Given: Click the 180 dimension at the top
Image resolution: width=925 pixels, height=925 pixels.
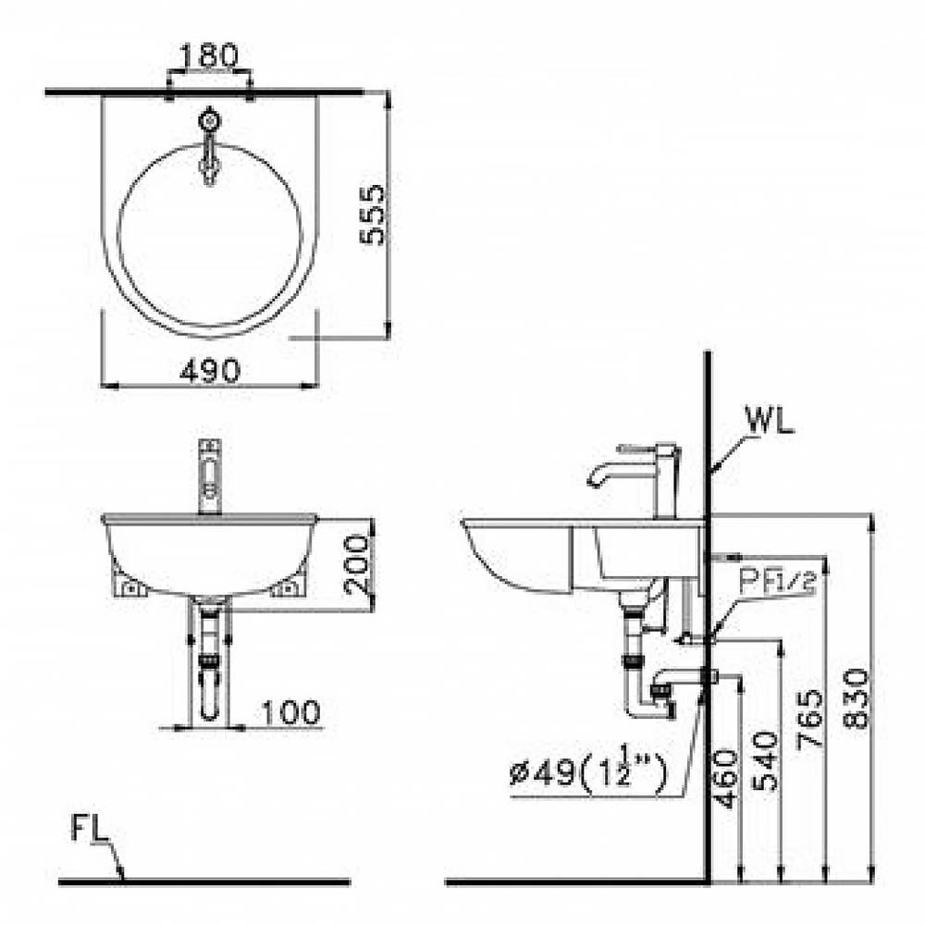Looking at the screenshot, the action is [x=207, y=55].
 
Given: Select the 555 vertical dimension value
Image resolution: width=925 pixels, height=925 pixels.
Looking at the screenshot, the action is [x=372, y=215].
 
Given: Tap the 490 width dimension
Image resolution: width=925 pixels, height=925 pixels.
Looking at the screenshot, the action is [x=210, y=371].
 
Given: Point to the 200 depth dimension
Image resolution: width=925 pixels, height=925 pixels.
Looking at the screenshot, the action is [x=358, y=563].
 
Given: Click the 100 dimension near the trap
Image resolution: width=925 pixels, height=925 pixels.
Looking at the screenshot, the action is [x=290, y=712].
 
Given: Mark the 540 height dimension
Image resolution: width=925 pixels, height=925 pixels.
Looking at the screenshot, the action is [x=765, y=760].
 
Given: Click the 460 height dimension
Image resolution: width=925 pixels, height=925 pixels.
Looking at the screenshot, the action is [x=725, y=778].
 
